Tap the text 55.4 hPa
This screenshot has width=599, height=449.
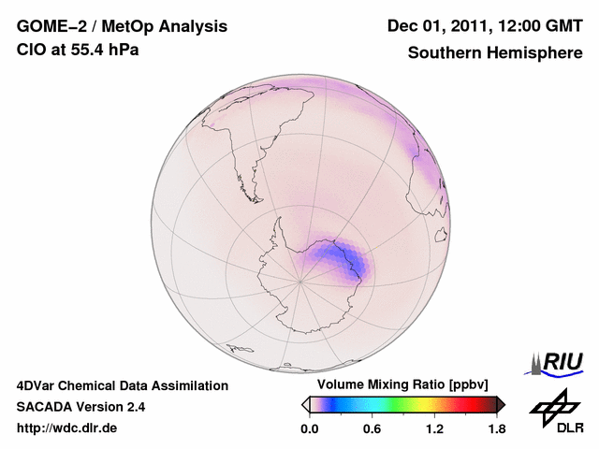tap(104, 50)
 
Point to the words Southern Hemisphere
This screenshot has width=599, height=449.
tap(495, 53)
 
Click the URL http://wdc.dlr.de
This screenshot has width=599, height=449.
tap(67, 428)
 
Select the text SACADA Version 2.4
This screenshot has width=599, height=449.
tap(80, 407)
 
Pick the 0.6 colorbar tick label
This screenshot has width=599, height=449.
tap(372, 428)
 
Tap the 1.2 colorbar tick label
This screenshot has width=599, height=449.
tap(434, 428)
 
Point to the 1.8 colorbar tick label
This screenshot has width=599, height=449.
tap(497, 428)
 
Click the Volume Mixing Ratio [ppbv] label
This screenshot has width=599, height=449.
tap(402, 385)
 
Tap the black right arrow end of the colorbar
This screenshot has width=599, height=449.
tap(501, 404)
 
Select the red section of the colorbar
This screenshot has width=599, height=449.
tap(473, 404)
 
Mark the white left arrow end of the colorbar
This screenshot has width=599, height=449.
tap(305, 404)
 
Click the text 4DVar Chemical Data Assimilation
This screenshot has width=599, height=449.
tap(122, 385)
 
